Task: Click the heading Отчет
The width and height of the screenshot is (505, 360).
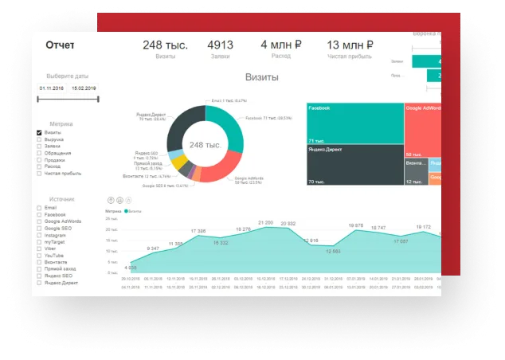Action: pos(60,45)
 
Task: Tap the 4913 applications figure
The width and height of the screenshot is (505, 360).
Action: pos(219,45)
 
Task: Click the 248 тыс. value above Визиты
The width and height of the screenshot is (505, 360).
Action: pos(165,45)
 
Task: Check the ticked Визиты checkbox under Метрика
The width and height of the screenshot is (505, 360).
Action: pos(39,132)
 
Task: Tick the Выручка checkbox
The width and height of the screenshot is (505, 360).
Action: pos(39,139)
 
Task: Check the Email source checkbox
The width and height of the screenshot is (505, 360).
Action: pos(39,208)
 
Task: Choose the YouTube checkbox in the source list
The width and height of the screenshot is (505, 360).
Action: pos(39,256)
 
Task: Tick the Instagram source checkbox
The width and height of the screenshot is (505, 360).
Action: pos(39,235)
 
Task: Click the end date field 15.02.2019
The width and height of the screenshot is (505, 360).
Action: pos(84,88)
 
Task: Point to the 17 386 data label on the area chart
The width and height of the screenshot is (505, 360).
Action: pos(198,231)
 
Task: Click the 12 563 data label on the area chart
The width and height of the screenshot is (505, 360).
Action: pos(334,251)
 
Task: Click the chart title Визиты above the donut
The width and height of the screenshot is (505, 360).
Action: pos(262,79)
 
